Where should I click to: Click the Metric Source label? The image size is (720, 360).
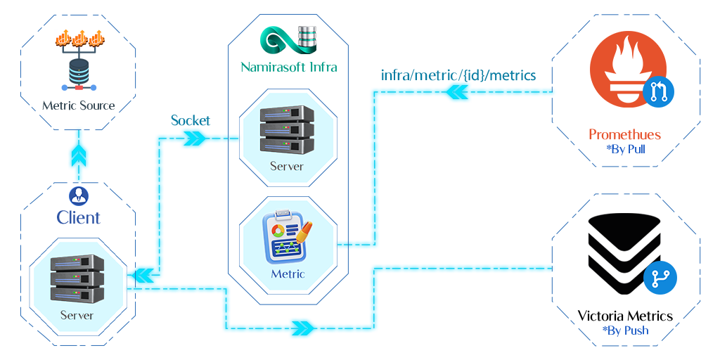pos(78,105)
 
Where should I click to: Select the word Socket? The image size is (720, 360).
pos(191,120)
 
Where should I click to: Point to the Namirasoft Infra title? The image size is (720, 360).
pos(288,67)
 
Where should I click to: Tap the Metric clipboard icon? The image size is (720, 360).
pos(287,236)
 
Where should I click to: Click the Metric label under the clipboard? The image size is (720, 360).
pos(288,274)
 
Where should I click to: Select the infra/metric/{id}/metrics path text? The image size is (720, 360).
pos(458,75)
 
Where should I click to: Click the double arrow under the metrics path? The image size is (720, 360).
pos(457,93)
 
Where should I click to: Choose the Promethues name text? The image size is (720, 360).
pos(625,134)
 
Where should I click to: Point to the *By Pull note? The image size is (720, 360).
pos(625,149)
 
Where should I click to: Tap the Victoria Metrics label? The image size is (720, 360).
pos(625,316)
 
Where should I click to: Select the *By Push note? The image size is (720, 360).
pos(625,330)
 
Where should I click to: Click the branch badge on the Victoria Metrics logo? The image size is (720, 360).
pos(660,278)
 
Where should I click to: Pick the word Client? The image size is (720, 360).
pos(78,217)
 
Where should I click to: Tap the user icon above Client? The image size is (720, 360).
pos(78,195)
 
